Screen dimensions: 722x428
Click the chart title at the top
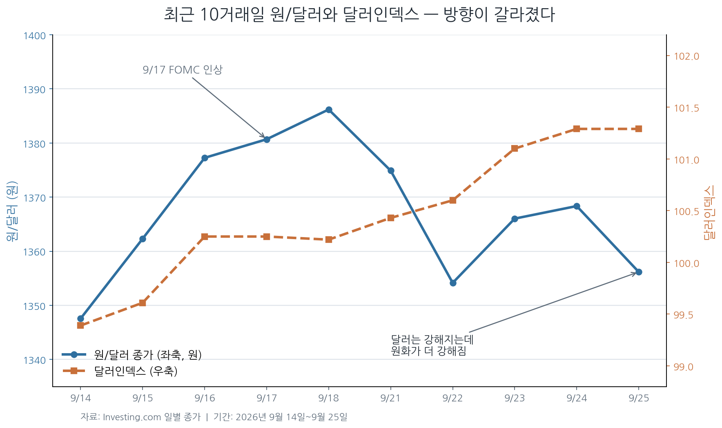point(359,15)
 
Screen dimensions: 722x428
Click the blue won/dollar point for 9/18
point(329,110)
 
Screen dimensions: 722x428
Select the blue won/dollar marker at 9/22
point(453,283)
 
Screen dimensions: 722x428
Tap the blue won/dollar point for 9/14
point(80,318)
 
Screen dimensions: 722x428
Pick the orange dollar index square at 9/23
point(515,148)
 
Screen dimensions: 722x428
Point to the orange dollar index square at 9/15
point(143,303)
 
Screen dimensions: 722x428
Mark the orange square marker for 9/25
point(639,129)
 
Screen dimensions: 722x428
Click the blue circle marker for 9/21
point(391,170)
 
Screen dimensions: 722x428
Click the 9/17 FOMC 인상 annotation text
point(183,70)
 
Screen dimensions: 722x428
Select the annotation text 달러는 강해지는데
point(432,340)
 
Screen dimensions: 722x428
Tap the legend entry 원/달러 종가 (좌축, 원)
point(148,355)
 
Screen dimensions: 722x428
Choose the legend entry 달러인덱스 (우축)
point(136,371)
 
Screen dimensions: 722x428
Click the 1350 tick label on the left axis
point(34,306)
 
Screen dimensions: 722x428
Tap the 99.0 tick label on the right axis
point(684,367)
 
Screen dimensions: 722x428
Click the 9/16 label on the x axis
point(205,398)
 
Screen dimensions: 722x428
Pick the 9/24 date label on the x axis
point(577,398)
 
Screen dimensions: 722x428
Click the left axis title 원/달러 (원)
point(12,211)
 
